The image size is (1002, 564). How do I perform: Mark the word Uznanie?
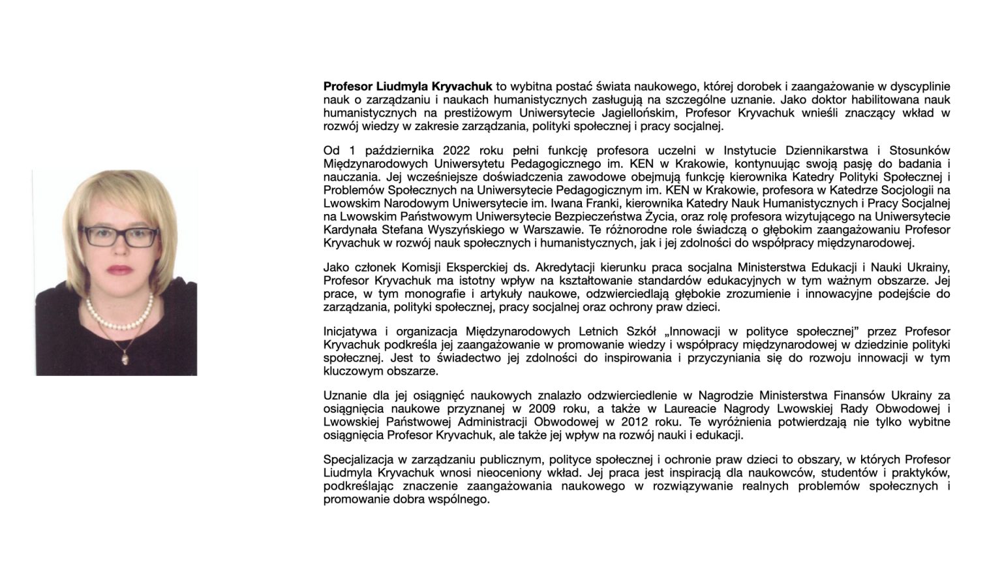344,395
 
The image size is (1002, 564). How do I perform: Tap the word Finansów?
858,395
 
